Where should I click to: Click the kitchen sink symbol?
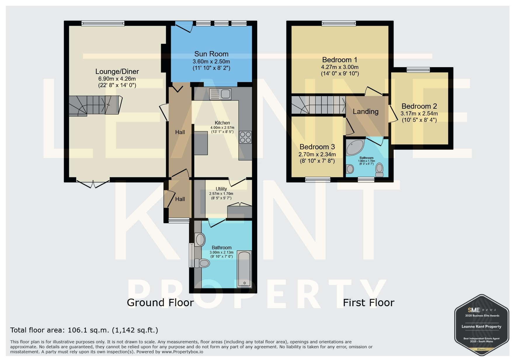220,94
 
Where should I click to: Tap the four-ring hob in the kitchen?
246,137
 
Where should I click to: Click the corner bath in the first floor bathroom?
355,147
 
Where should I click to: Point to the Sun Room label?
211,54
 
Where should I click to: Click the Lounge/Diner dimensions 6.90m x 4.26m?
117,79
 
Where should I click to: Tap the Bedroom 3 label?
317,147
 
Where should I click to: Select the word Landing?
365,111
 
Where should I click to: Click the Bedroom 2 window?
418,70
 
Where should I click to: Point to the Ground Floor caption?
160,303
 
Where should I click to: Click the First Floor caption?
369,303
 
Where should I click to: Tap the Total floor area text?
84,330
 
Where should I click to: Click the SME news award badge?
482,325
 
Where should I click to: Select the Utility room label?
221,189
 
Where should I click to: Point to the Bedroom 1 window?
339,23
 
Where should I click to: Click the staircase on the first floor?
318,105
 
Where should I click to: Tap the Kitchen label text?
222,123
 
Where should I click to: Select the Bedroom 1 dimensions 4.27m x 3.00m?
340,67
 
